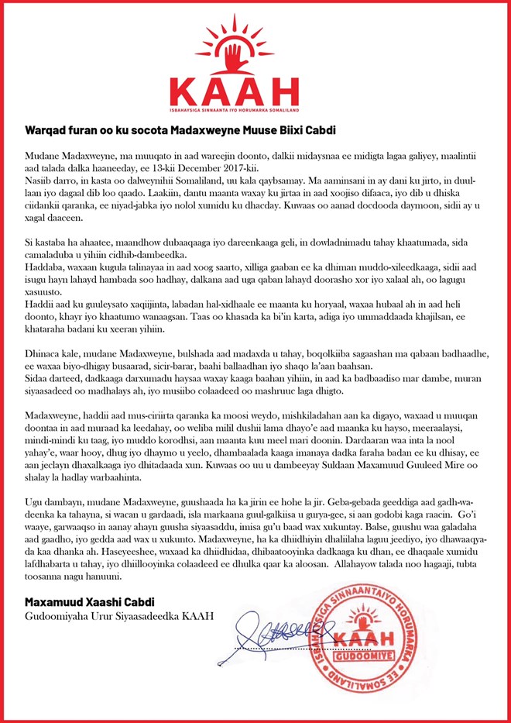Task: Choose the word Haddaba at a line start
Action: point(43,265)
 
